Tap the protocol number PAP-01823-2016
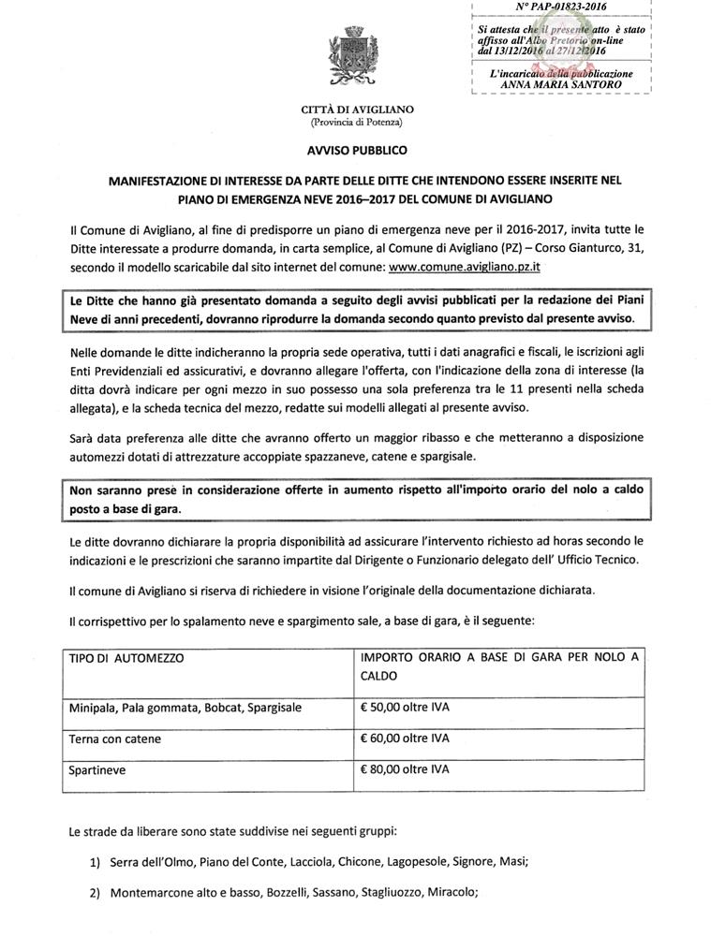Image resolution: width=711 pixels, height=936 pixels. [561, 7]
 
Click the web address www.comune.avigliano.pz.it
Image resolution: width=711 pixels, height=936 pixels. [467, 267]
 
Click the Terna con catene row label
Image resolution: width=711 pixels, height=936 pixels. [114, 739]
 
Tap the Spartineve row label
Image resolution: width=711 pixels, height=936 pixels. [96, 771]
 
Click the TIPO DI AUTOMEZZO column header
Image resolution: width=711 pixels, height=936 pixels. [126, 658]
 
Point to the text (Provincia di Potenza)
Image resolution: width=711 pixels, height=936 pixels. [356, 124]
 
